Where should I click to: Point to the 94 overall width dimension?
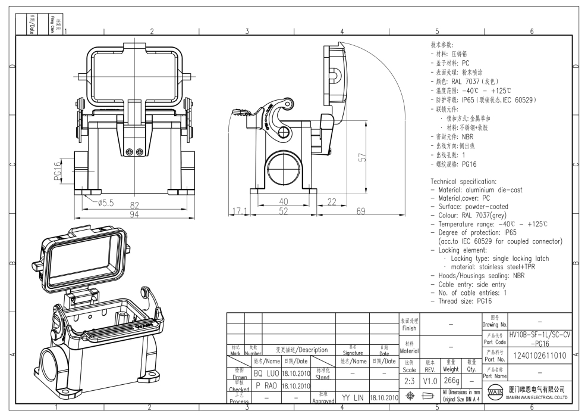click(x=135, y=214)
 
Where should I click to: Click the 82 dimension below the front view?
click(x=135, y=206)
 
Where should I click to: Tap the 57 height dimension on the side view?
click(x=361, y=158)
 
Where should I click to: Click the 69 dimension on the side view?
click(x=360, y=211)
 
